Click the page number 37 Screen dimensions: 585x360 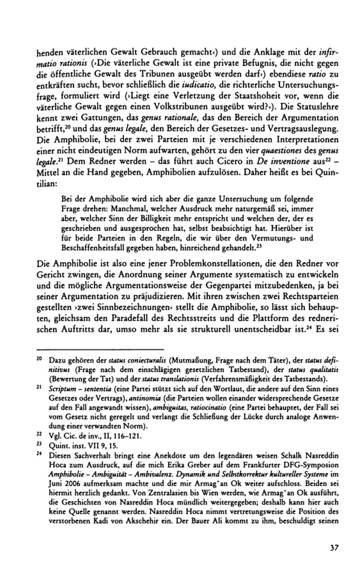click(334, 548)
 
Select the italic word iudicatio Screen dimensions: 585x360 click(199, 85)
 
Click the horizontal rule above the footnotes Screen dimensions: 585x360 click(100, 349)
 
